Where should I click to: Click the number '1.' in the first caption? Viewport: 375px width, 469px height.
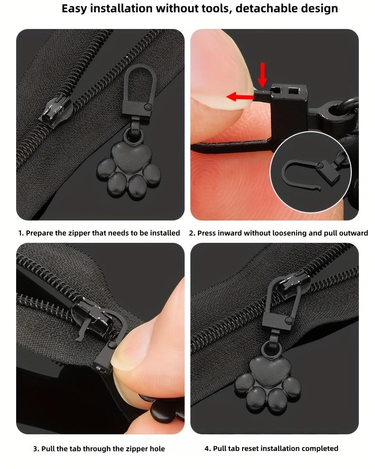pos(21,233)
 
